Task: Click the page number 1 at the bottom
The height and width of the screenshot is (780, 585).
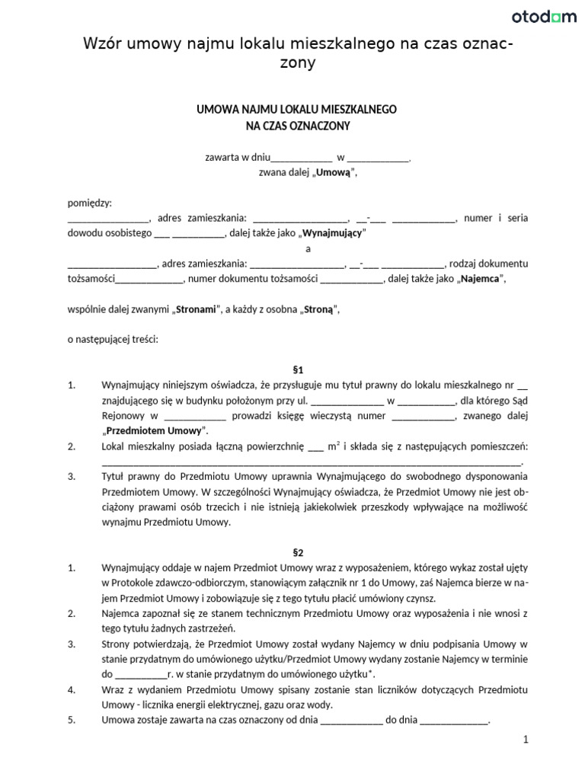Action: [525, 739]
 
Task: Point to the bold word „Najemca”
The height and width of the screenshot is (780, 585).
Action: [480, 279]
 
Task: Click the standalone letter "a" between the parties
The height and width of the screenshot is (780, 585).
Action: [308, 248]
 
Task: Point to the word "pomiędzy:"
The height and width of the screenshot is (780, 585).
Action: [90, 203]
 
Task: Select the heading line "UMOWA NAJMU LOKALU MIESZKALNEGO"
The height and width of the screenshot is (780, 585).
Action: [297, 110]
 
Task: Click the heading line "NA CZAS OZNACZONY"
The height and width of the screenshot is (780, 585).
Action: [297, 126]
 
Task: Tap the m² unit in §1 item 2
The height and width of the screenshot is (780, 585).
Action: [334, 446]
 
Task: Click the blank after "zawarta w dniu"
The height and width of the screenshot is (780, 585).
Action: [302, 158]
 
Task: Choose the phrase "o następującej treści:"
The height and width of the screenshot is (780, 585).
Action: [113, 340]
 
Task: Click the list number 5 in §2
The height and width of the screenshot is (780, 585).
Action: [72, 720]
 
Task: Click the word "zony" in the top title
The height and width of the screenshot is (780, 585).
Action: [297, 64]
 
